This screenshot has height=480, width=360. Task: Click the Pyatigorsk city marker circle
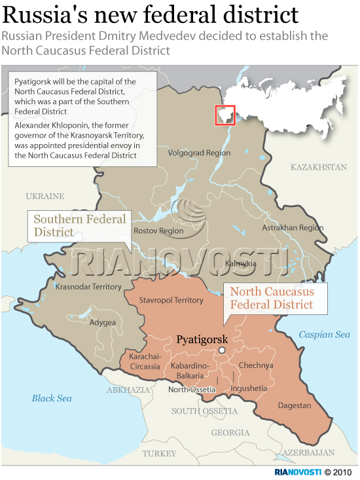pos(222,351)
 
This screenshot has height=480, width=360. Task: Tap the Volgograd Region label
pos(200,153)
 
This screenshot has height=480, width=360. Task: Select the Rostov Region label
pos(158,231)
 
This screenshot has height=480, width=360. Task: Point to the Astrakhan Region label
pos(293,228)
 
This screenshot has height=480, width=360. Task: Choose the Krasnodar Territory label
pos(88,287)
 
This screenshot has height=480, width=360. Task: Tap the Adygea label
pos(103,322)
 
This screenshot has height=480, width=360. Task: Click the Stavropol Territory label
pos(172,300)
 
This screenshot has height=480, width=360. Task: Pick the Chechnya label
pos(256,365)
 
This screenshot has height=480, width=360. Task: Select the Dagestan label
pos(294,405)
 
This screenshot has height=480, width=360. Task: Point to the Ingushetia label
pos(249,388)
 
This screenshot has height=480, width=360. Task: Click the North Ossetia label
pos(192,390)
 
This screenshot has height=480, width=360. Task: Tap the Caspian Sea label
pos(324,335)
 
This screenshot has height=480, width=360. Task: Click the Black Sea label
pos(52,398)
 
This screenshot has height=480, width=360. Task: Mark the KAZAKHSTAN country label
pos(318,168)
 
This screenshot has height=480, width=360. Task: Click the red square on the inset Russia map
pos(225,115)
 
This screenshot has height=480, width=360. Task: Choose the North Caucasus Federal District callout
pos(271,298)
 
